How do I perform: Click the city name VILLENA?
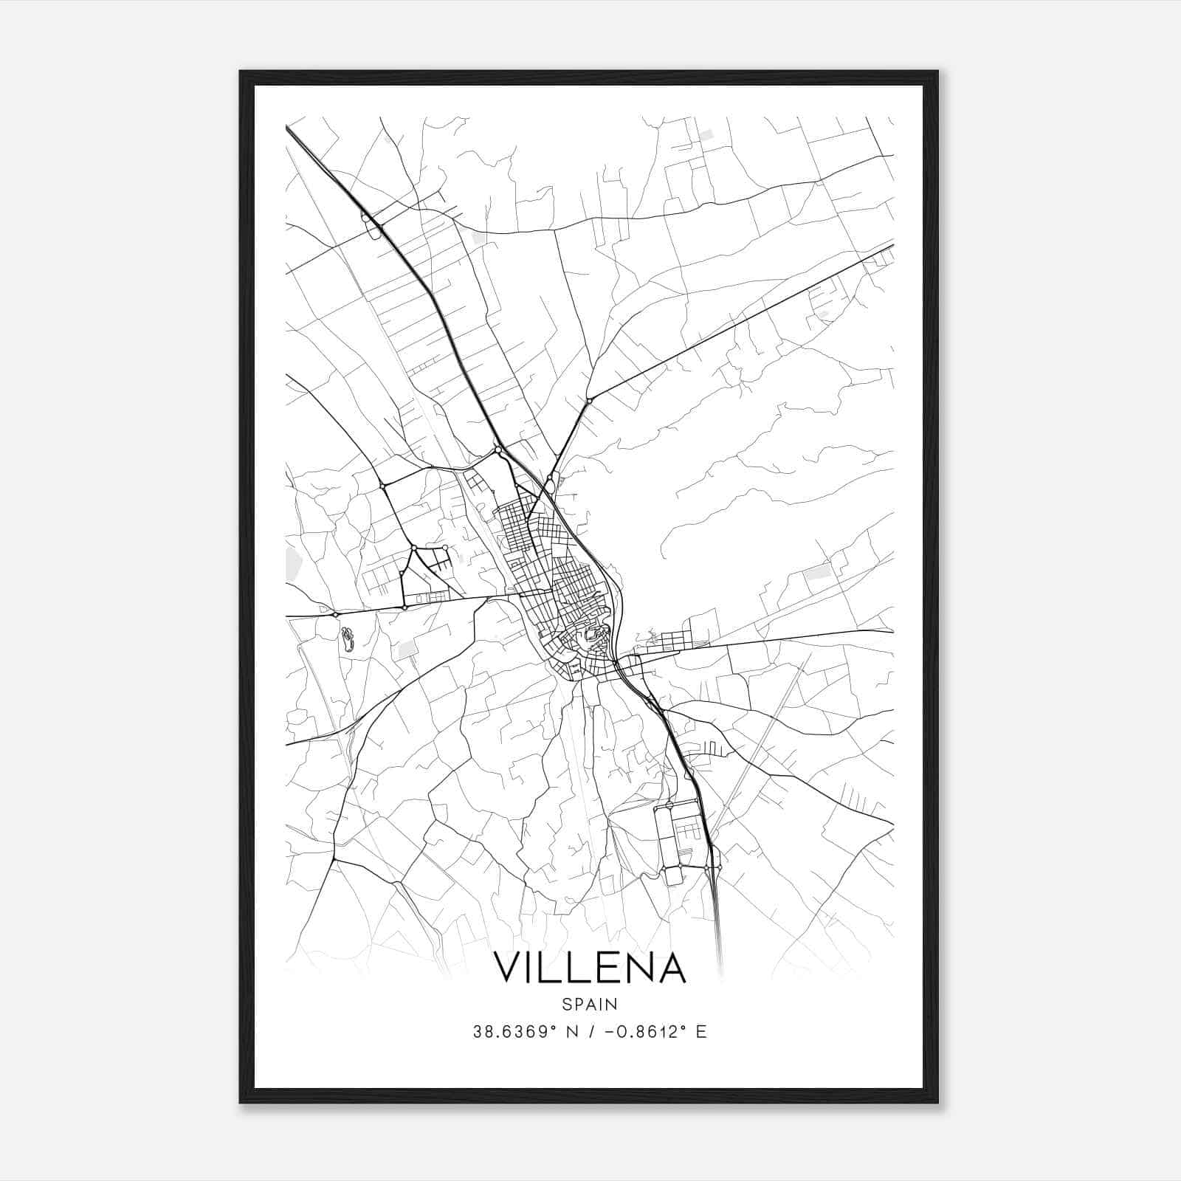[x=590, y=968]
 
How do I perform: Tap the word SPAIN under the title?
[x=590, y=1004]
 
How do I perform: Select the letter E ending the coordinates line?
[x=702, y=1032]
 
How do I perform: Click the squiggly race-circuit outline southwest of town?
[x=347, y=638]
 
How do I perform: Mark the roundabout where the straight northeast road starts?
[x=589, y=401]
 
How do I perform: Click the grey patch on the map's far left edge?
[x=293, y=564]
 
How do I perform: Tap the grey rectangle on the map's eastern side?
[x=817, y=571]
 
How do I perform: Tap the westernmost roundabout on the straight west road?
[x=335, y=614]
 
